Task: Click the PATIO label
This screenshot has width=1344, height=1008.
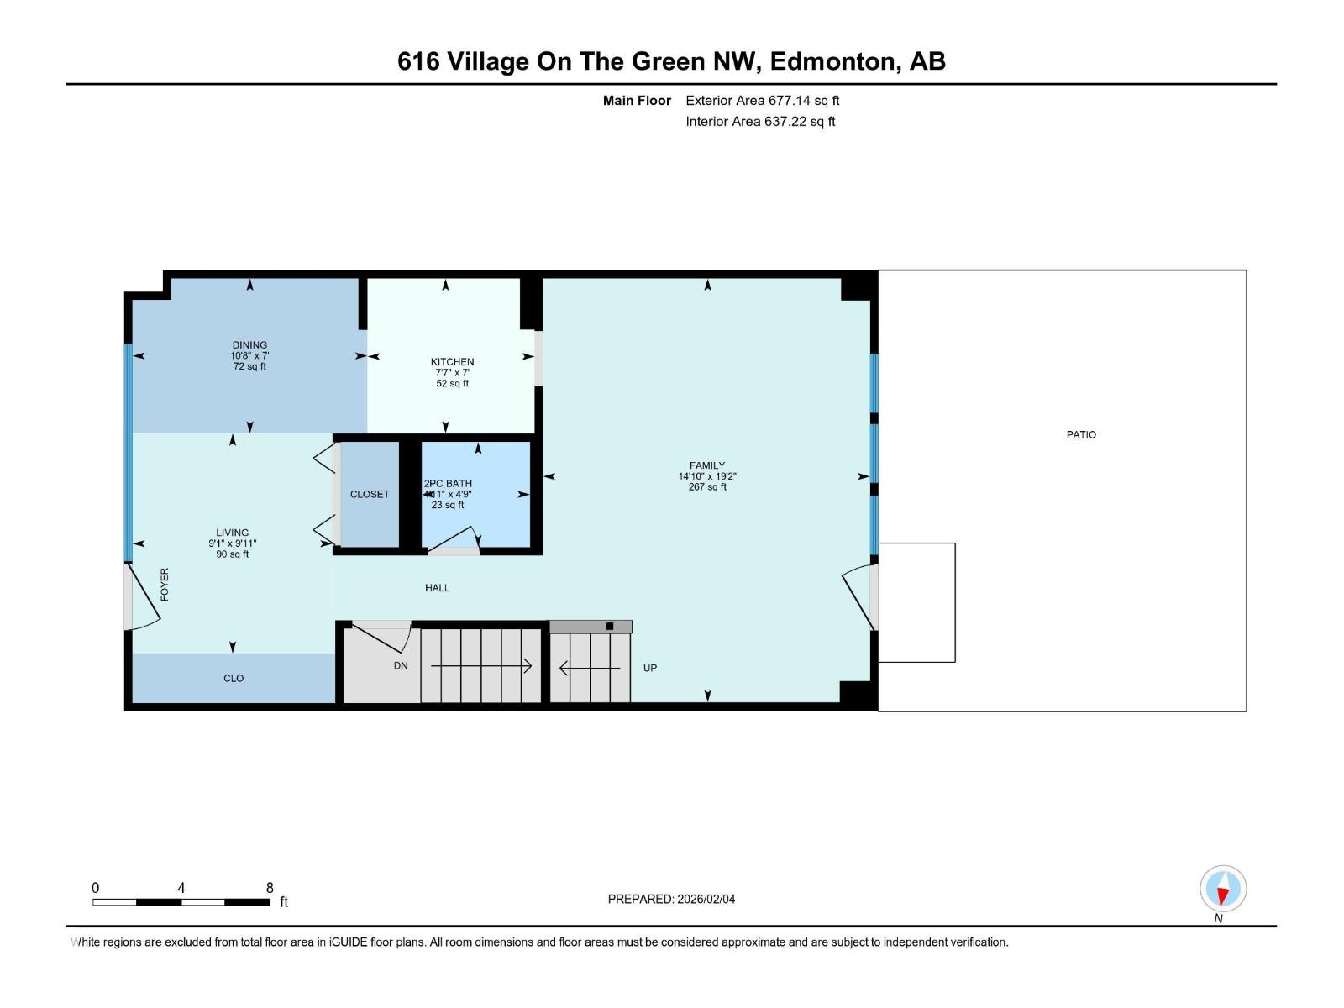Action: coord(1081,434)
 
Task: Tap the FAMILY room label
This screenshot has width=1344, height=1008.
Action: coord(706,465)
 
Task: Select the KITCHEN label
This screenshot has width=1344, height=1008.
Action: coord(452,362)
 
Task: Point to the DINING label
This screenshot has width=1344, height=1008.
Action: coord(249,344)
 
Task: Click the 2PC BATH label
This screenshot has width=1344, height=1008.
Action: coord(448,484)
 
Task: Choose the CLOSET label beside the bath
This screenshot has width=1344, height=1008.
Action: coord(370,494)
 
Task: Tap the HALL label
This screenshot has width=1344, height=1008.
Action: coord(437,587)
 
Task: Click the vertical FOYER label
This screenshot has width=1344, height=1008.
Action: coord(164,584)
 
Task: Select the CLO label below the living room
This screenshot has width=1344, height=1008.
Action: coord(234,678)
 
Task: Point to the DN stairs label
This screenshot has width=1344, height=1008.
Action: coord(401,665)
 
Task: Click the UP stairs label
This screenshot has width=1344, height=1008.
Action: coord(649,668)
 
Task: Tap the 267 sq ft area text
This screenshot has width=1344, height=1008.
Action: coord(707,486)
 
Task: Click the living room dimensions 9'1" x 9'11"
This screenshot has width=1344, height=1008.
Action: coord(232,543)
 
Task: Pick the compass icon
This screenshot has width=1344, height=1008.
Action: coord(1223,888)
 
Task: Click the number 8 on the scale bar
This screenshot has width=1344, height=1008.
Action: coord(270,887)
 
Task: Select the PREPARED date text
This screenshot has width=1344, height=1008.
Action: coord(671,899)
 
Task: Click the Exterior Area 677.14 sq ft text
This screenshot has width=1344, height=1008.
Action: coord(763,100)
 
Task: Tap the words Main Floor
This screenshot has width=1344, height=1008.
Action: coord(637,100)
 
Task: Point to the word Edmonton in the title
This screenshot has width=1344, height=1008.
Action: coord(835,61)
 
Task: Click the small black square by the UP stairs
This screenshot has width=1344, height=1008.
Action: coord(609,626)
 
